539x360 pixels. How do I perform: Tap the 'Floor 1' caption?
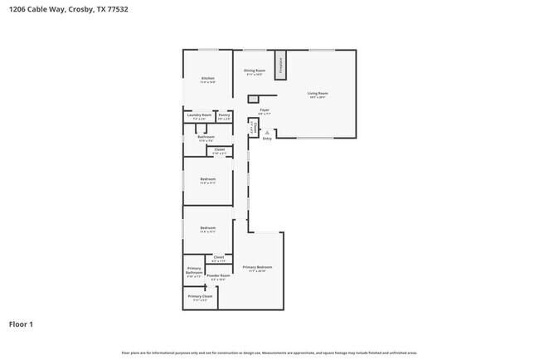point(22,324)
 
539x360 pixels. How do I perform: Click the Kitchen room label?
point(207,79)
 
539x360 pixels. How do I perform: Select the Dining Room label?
point(255,71)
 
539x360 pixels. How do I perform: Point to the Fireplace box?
point(281,65)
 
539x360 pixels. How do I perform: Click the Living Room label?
point(318,94)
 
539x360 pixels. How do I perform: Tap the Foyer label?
point(265,109)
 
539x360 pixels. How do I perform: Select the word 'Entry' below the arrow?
point(267,139)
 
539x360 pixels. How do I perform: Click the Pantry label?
point(223,115)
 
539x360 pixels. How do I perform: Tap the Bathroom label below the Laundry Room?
point(206,137)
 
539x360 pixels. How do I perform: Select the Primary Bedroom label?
point(257,267)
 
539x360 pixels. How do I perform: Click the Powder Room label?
point(218,276)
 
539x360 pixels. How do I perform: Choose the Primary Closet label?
point(200,296)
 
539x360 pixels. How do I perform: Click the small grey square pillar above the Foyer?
point(253,99)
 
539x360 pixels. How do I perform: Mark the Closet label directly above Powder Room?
point(219,258)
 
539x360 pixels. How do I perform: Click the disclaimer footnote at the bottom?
point(269,353)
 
